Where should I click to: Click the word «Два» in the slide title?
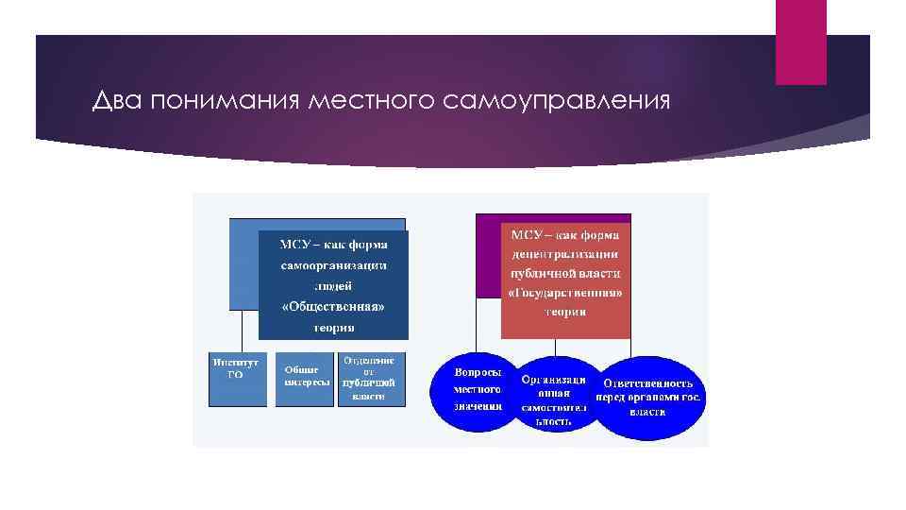pos(115,101)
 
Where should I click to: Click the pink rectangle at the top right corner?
pos(800,42)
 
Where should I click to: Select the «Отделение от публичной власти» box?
pos(369,380)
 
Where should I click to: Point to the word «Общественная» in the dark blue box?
pos(334,307)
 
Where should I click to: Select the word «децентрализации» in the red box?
pos(565,253)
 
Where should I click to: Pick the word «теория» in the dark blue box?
pos(334,328)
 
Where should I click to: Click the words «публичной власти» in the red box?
pos(565,273)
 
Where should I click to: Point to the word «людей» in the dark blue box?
pos(334,285)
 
